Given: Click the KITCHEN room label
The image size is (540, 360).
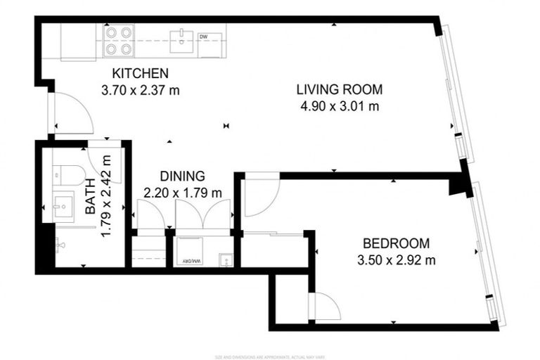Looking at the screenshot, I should point(140,73).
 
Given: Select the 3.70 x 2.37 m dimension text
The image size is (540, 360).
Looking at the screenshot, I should point(140,89).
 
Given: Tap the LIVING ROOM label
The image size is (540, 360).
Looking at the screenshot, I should point(339,89).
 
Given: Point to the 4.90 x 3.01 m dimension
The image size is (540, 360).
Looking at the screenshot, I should point(339,106).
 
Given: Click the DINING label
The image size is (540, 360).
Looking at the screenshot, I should point(182,176).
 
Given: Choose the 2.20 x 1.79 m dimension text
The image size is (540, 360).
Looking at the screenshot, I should point(182,192).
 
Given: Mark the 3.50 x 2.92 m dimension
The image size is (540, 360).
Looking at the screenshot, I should point(396,259).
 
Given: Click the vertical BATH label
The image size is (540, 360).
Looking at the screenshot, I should point(90,202).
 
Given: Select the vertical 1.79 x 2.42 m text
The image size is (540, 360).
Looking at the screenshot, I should point(107,196).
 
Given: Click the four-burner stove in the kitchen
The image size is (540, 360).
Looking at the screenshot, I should point(119,40).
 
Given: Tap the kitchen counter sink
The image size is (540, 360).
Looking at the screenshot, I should point(181,37).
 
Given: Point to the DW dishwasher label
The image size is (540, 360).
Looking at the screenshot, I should point(203,37).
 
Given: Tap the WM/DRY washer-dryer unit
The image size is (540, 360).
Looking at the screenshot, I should point(191,252).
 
